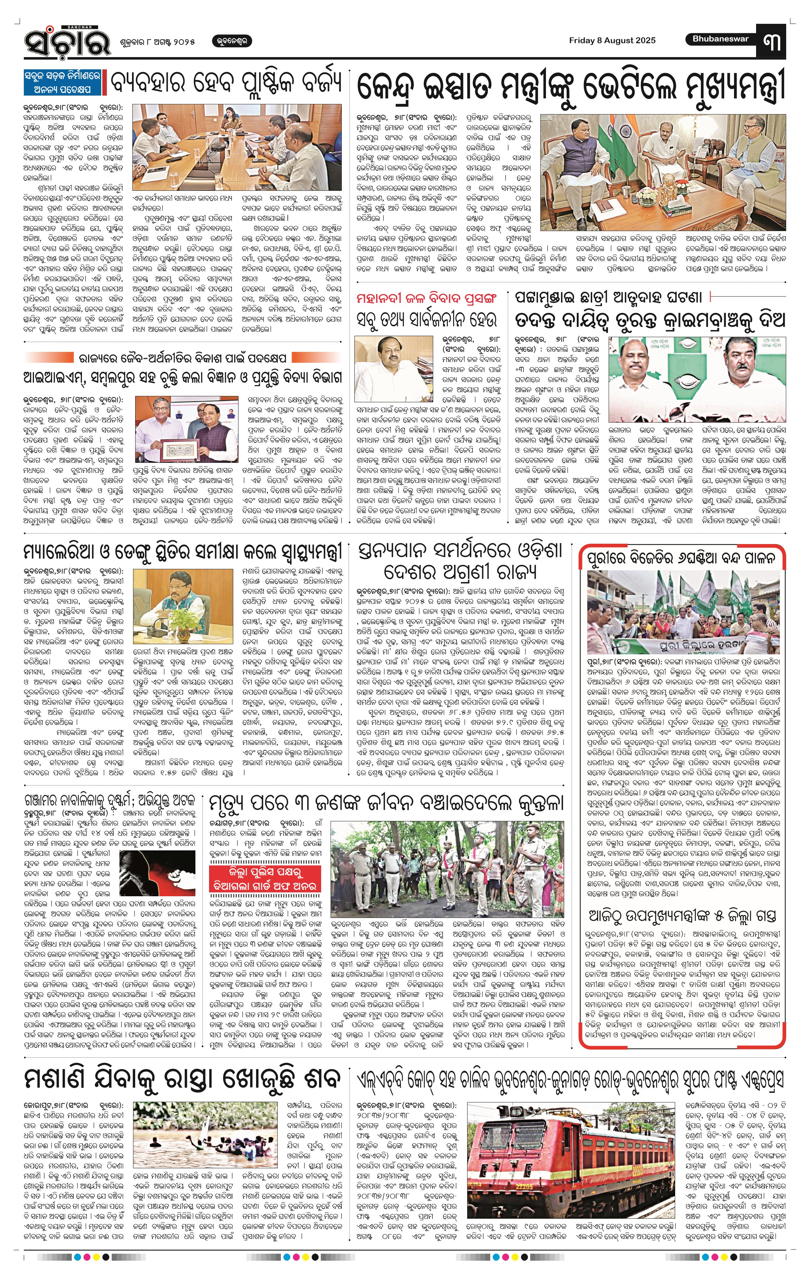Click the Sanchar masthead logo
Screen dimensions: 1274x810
coord(67,41)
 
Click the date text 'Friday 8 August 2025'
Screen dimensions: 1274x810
coord(612,40)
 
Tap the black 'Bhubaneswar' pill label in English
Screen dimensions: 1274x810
coord(721,39)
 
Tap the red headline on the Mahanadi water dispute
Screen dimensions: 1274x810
coord(427,298)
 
